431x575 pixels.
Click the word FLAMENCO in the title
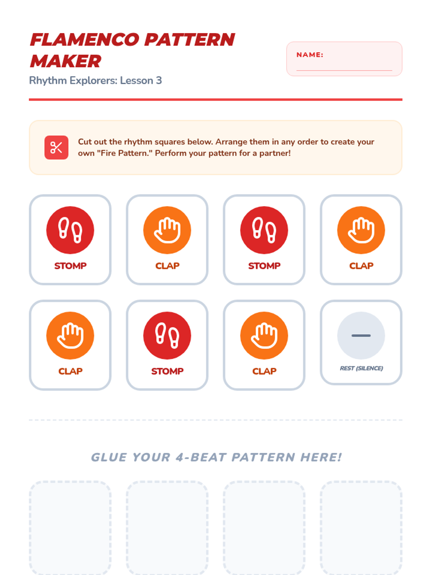[x=84, y=40]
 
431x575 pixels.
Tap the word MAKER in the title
[x=65, y=61]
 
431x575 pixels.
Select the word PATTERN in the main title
[x=190, y=40]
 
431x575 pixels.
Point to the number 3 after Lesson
[x=159, y=80]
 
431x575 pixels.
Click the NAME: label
[x=310, y=55]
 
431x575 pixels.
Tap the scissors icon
[x=56, y=147]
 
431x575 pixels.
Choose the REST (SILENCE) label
[x=361, y=368]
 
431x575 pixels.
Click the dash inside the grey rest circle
[x=361, y=335]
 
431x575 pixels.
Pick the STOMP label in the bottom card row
[x=167, y=371]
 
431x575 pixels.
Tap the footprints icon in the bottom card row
[x=167, y=335]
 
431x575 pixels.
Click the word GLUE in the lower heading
[x=108, y=457]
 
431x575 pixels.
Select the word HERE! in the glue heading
[x=321, y=457]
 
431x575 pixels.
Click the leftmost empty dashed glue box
[x=70, y=528]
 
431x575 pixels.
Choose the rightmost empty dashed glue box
[x=361, y=528]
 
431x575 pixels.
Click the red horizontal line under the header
[x=215, y=100]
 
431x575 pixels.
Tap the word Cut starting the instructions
[x=84, y=142]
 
